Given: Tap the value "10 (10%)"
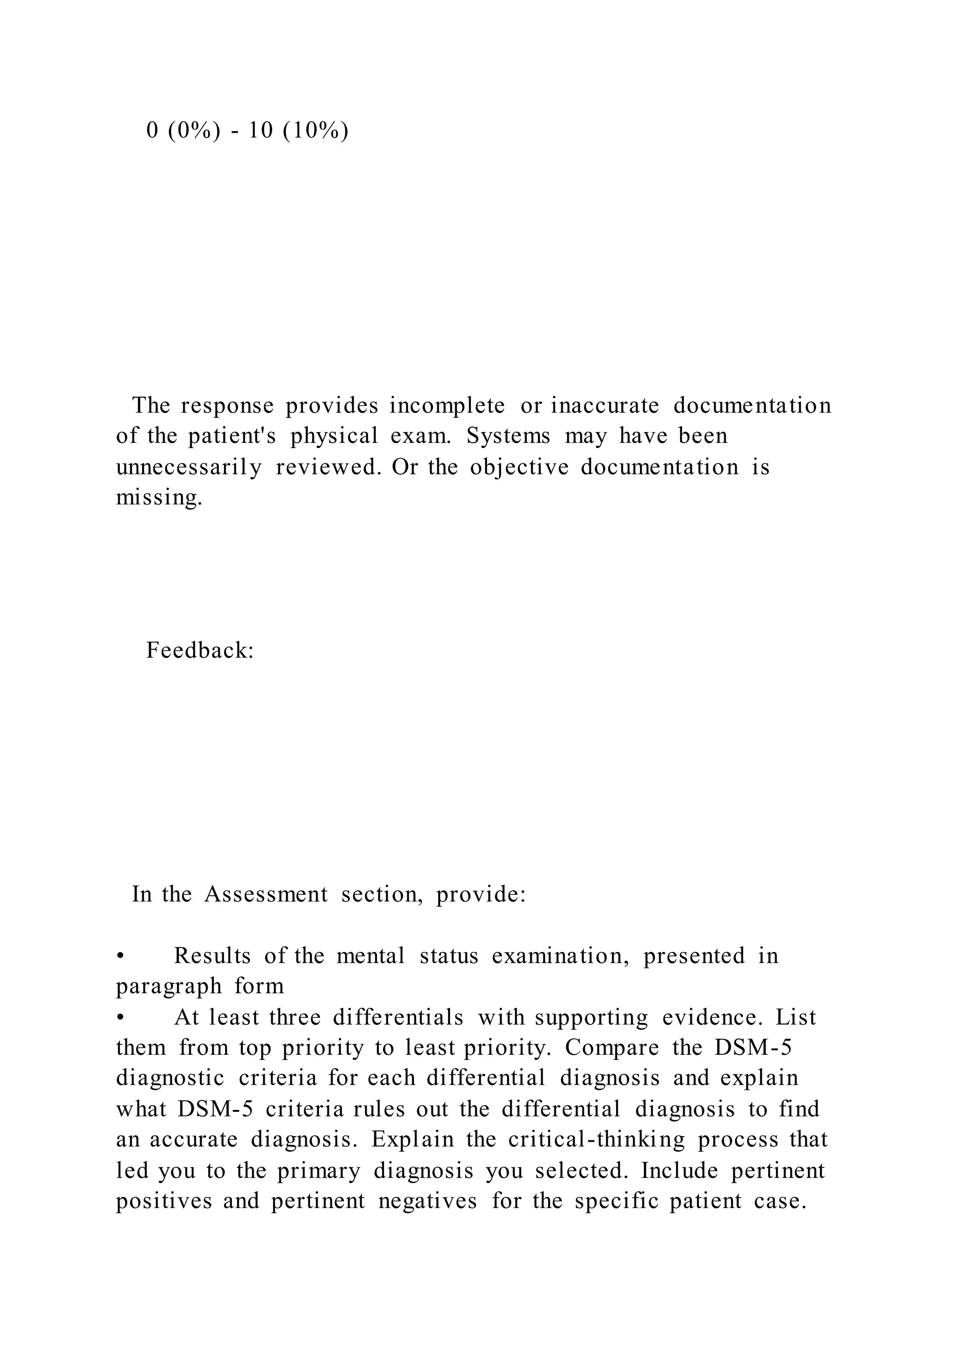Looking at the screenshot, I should point(298,130).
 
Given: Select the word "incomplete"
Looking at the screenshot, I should point(447,406).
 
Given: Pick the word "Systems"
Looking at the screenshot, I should point(508,436).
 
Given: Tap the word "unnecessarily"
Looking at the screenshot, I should point(189,467).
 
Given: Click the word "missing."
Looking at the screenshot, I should point(159,498).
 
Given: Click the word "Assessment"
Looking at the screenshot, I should point(266,894).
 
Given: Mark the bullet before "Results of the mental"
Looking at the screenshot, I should point(120,956).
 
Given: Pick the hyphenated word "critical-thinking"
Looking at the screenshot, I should point(596,1139).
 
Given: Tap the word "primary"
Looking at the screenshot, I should point(319,1170).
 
